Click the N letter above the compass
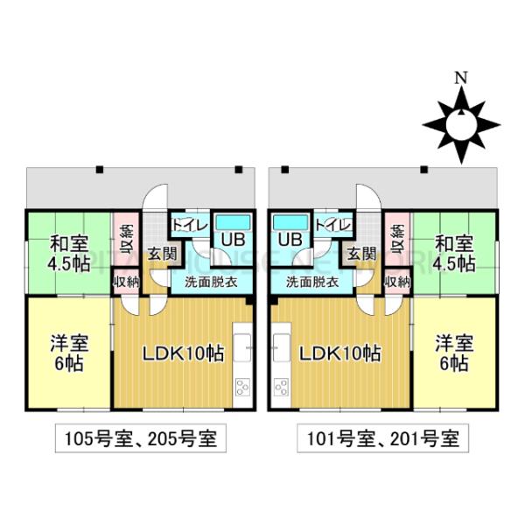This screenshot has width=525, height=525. tap(461, 78)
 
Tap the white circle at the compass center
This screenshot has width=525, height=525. tap(461, 125)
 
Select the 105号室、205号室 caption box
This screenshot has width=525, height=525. tap(141, 438)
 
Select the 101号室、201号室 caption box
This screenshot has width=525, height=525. tap(383, 438)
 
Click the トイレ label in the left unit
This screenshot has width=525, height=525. tap(190, 225)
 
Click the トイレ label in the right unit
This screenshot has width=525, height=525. tap(333, 225)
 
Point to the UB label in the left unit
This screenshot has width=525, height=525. tap(233, 240)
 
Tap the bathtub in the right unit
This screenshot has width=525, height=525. tap(290, 222)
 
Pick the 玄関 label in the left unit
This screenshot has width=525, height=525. tap(163, 254)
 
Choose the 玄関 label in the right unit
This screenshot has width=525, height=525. tap(361, 254)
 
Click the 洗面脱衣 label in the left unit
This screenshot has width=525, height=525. tap(211, 283)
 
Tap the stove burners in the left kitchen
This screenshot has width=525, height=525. tap(242, 387)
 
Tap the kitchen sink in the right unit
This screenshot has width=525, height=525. tap(282, 347)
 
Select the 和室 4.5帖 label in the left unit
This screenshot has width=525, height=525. tap(69, 254)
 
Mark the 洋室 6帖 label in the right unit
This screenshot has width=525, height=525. tap(454, 353)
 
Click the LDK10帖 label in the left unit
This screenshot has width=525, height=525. tap(184, 353)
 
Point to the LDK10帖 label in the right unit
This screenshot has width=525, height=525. tap(339, 353)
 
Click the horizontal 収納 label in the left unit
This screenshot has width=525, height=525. tap(127, 283)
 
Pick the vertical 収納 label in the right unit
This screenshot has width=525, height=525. tap(397, 239)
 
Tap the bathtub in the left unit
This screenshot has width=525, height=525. tap(233, 222)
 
